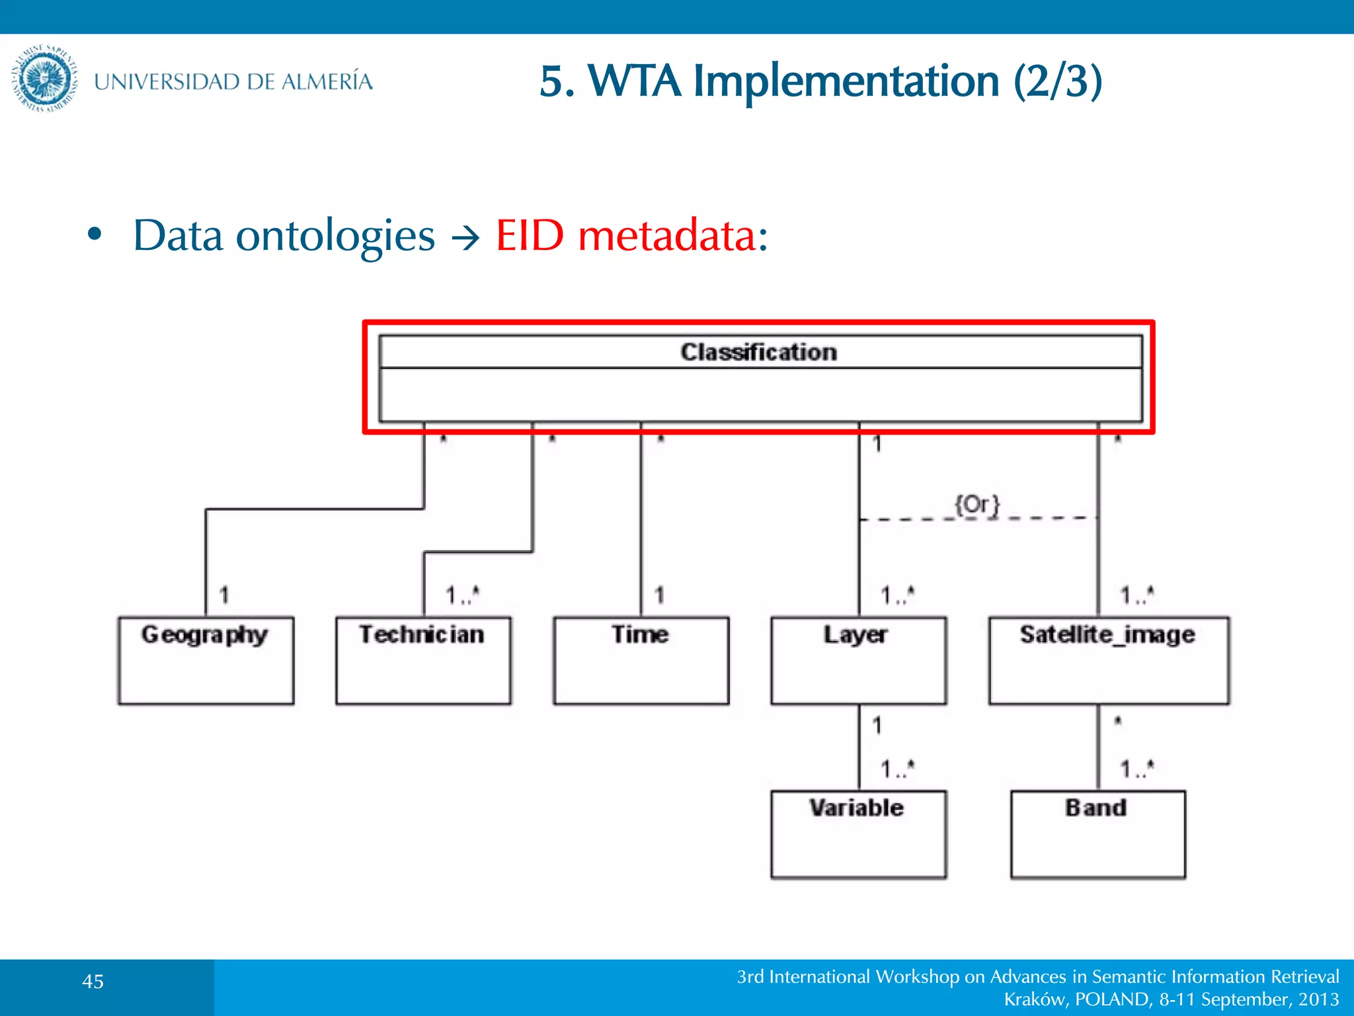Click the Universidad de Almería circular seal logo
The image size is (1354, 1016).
tap(44, 79)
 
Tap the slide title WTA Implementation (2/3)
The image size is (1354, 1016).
tap(820, 81)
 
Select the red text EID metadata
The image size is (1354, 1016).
tap(631, 235)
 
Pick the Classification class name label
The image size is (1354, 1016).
tap(758, 352)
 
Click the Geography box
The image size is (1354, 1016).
tap(206, 660)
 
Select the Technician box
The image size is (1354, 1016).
tap(423, 660)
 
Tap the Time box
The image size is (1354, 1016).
tap(641, 660)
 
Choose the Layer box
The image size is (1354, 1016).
tap(858, 660)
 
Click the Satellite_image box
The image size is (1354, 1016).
tap(1109, 660)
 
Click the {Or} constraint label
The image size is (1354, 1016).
tap(976, 505)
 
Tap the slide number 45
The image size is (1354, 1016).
tap(93, 982)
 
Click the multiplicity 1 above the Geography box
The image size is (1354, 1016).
tap(224, 595)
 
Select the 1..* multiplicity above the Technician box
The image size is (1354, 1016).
tap(461, 595)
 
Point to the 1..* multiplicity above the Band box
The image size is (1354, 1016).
tap(1136, 768)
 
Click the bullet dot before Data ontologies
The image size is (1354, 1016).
tap(95, 234)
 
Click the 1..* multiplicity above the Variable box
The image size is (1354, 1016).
tap(897, 768)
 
